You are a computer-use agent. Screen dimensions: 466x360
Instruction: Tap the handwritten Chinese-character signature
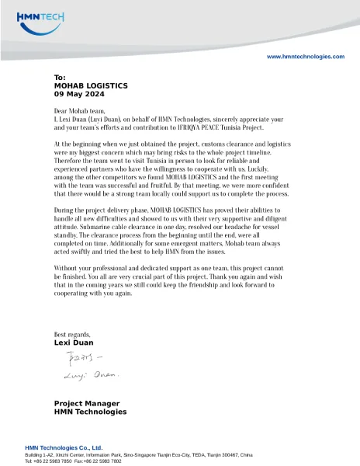78,359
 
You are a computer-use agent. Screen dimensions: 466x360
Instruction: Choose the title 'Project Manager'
86,404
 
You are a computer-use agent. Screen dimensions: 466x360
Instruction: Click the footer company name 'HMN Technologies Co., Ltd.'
64,448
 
